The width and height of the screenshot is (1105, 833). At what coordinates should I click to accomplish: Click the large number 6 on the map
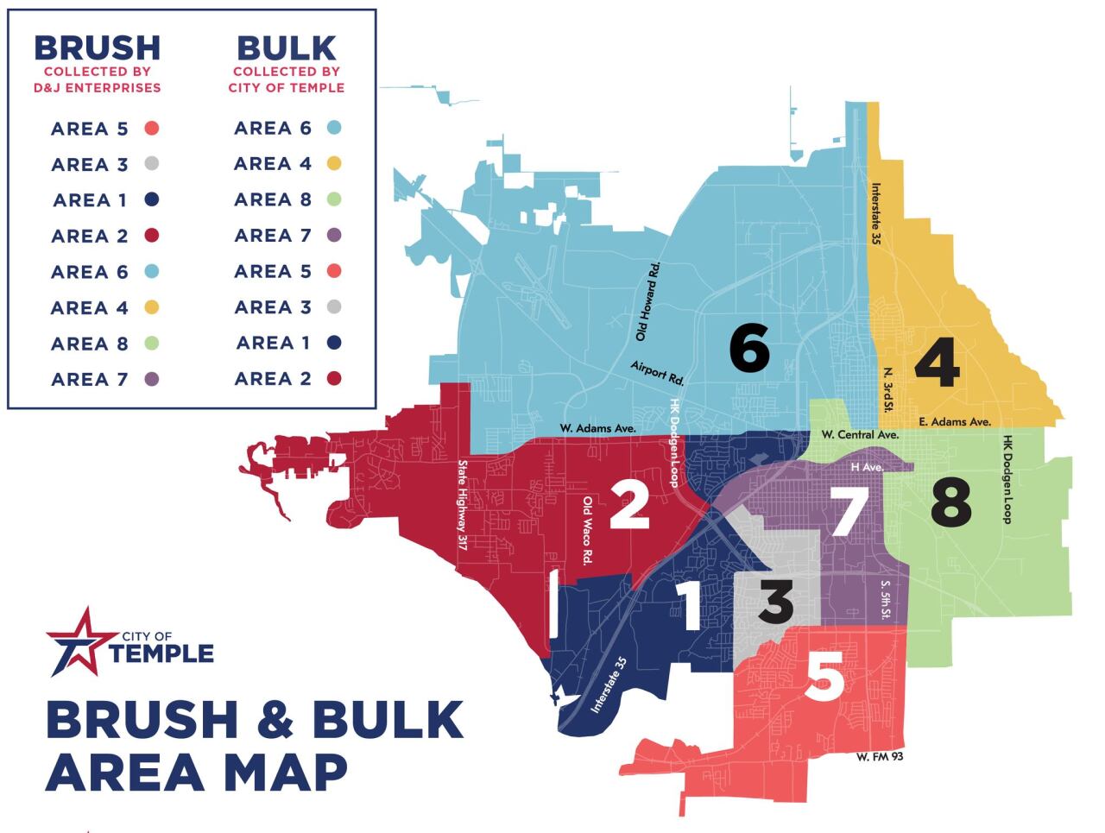pyautogui.click(x=748, y=347)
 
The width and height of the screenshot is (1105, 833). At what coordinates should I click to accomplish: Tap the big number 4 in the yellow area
pyautogui.click(x=937, y=363)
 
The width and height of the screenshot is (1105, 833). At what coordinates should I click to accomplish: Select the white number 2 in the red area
pyautogui.click(x=629, y=505)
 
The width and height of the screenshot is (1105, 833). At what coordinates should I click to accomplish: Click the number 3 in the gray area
pyautogui.click(x=775, y=602)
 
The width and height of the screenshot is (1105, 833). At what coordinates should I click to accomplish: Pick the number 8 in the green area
pyautogui.click(x=950, y=502)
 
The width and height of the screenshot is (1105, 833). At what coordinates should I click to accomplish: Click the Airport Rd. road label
pyautogui.click(x=657, y=373)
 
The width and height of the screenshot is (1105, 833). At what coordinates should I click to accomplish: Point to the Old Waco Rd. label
pyautogui.click(x=588, y=531)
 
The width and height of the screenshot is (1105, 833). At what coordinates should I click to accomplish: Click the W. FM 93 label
pyautogui.click(x=880, y=757)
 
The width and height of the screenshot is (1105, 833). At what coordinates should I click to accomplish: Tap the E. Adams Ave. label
pyautogui.click(x=954, y=421)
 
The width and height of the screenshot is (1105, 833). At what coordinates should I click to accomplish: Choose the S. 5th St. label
pyautogui.click(x=885, y=599)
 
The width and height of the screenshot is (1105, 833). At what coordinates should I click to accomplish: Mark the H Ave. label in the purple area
pyautogui.click(x=868, y=466)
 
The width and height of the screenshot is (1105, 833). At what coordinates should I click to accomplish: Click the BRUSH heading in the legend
pyautogui.click(x=97, y=47)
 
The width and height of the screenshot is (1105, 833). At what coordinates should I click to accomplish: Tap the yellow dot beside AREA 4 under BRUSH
pyautogui.click(x=152, y=307)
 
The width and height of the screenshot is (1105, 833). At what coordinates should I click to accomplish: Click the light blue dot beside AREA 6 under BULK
pyautogui.click(x=334, y=128)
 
